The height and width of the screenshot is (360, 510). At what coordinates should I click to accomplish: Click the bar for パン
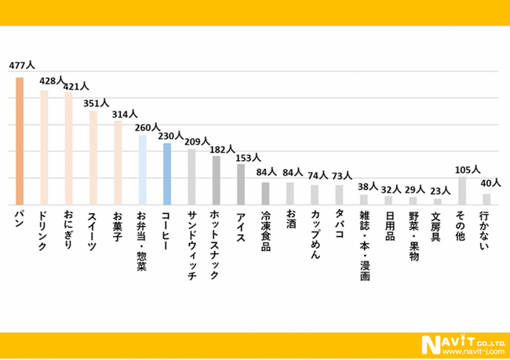click(x=20, y=141)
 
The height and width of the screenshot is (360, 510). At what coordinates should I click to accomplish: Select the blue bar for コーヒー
click(x=166, y=173)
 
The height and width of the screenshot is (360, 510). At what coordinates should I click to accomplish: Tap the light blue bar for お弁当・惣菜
click(x=142, y=169)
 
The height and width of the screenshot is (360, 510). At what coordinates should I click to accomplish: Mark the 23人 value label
click(x=439, y=191)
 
